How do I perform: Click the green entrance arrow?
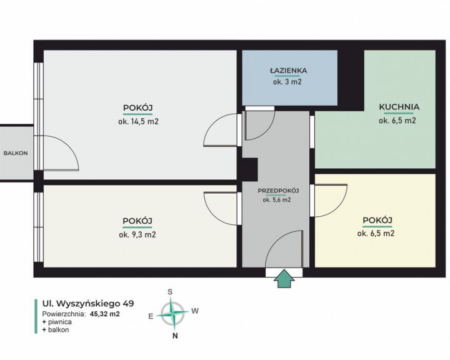pos(284,278)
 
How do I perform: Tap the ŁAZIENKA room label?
pos(288,71)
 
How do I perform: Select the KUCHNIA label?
pos(399,107)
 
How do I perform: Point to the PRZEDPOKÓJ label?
pos(278,191)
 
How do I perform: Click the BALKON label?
pos(16,153)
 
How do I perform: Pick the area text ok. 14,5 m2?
pos(138,121)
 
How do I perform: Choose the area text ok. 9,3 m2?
pos(137,234)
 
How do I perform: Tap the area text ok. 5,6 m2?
pos(277,200)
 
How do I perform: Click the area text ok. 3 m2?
pos(287,82)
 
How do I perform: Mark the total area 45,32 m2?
pos(105,314)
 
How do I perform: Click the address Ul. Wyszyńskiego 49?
pos(88,304)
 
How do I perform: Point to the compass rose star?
pos(172,314)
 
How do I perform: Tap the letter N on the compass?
pos(175,336)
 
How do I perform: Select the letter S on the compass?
pos(170,292)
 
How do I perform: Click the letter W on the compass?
pos(195,311)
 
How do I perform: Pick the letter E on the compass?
pos(151,316)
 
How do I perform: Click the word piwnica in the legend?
pos(60,322)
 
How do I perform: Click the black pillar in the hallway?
pos(249,169)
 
